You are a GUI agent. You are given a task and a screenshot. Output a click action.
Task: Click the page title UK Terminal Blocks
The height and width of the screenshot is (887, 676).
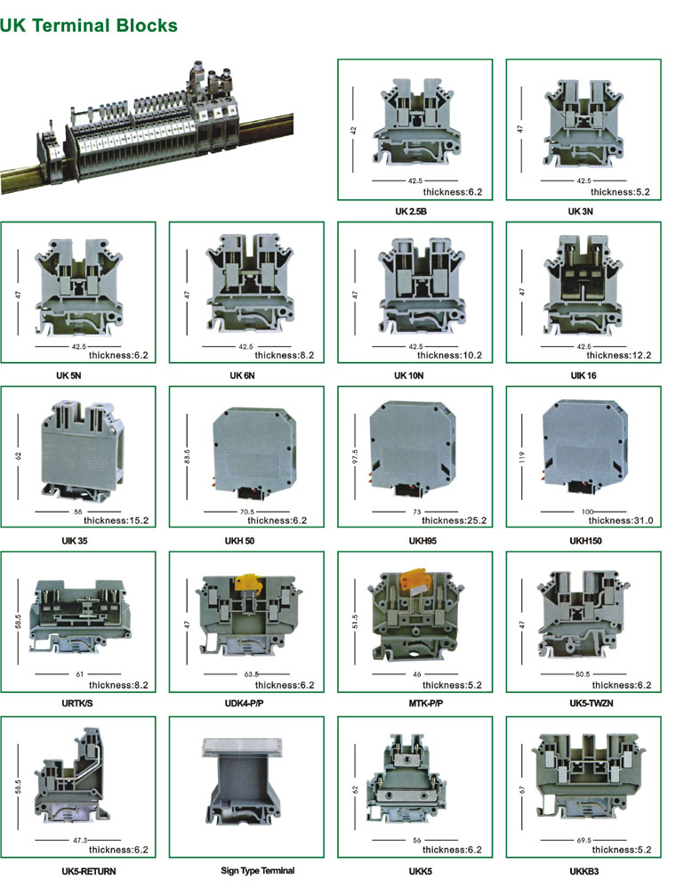(89, 26)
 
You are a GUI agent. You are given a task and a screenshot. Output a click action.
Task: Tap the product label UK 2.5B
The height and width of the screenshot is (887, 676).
(411, 212)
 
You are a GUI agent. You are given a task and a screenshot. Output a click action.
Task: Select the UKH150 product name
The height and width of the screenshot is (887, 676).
(585, 541)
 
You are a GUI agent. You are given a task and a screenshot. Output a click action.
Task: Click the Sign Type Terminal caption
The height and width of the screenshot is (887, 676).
(258, 871)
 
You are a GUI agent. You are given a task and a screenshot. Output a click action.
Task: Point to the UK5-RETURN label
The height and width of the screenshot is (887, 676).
(89, 871)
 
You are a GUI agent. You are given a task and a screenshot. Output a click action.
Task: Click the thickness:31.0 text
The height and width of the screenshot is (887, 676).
(621, 520)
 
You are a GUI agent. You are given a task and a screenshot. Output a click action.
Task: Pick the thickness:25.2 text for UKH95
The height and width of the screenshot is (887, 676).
(454, 520)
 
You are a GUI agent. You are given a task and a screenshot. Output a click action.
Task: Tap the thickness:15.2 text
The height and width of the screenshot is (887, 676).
(116, 520)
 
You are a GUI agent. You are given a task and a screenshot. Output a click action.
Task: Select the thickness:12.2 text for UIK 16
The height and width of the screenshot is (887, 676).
(619, 355)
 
